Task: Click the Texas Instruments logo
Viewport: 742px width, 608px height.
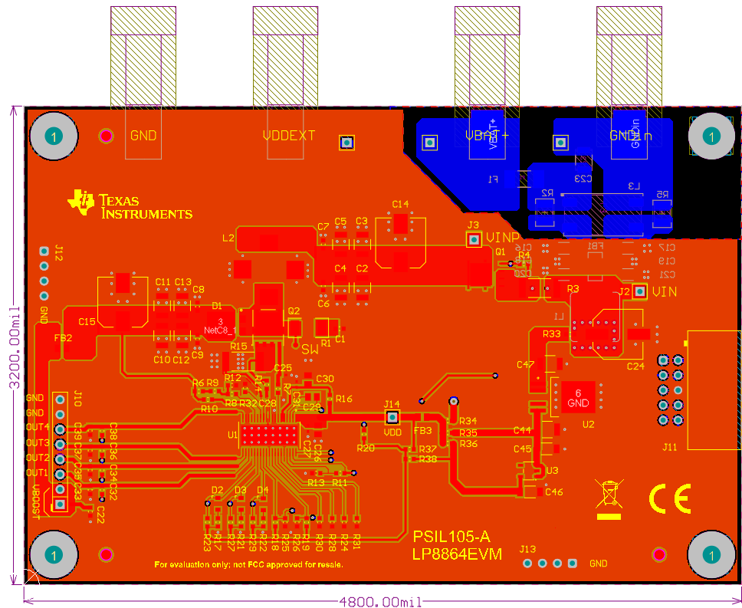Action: [130, 204]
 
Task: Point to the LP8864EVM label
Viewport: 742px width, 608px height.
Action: [457, 554]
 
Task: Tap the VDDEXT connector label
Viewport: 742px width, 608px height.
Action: [289, 136]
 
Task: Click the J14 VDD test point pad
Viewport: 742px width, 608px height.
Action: [392, 417]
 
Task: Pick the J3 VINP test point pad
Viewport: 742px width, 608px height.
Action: [474, 240]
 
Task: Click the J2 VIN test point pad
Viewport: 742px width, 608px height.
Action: [640, 291]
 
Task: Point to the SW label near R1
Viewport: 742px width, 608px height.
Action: [310, 350]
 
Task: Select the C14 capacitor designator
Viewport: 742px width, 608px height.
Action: [400, 204]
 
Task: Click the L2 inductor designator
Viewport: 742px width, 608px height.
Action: [228, 238]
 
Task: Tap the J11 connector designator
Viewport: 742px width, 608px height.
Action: [670, 447]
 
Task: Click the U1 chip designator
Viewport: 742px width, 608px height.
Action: [233, 435]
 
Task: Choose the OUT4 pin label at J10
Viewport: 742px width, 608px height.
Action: [37, 427]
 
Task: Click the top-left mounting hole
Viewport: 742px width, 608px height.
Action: [53, 136]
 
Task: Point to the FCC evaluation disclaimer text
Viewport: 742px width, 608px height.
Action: [248, 564]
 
